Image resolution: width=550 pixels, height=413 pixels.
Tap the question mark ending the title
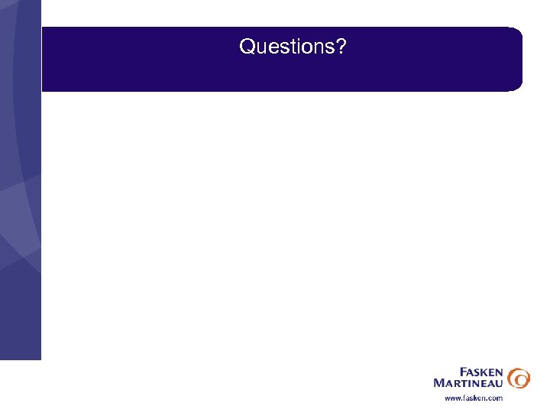341,47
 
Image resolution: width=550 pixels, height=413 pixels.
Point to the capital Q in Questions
247,47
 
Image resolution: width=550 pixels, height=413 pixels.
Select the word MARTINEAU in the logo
468,382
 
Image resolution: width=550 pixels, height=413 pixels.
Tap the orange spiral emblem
519,377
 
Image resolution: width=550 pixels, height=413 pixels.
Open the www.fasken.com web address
474,398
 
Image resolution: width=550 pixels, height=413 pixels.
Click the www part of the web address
453,398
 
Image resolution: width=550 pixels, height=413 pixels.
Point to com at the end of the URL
496,398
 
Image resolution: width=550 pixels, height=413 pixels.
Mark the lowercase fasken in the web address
474,398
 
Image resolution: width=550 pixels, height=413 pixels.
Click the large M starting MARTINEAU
438,382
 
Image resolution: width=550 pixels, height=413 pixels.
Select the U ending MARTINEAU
500,382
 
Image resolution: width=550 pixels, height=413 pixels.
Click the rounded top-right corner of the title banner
518,33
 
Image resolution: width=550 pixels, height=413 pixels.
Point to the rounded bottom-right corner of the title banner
518,86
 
